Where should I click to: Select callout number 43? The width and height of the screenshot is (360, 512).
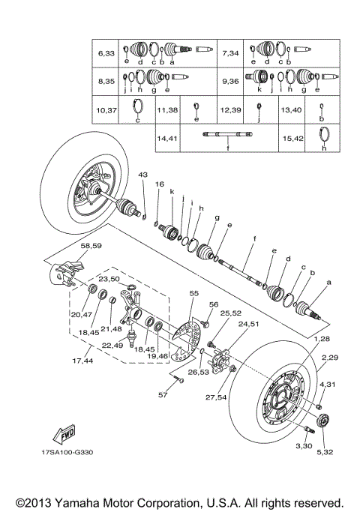click(142, 175)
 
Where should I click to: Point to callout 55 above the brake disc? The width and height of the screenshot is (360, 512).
click(194, 294)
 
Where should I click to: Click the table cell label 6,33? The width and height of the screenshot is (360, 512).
click(106, 54)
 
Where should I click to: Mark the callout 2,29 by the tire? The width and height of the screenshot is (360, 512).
click(330, 358)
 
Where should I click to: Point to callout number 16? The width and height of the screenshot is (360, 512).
click(159, 184)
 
